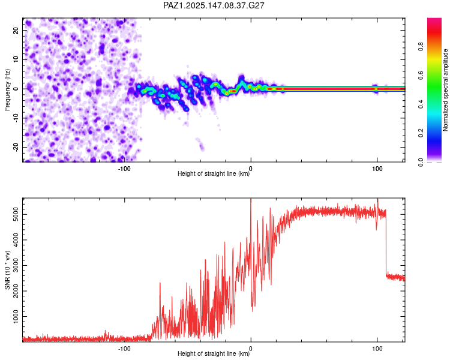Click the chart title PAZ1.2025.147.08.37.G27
(214, 5)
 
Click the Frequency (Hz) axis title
(7, 90)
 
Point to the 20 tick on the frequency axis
(16, 31)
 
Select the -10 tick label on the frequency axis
(16, 118)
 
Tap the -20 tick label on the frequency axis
(16, 147)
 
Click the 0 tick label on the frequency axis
(16, 89)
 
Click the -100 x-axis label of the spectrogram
(124, 169)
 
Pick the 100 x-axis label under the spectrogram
(377, 169)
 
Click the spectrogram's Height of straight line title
(214, 173)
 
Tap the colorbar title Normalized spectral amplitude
(445, 90)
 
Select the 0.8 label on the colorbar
(421, 47)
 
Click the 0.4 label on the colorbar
(421, 104)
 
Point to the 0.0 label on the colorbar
(421, 162)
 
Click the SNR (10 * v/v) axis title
(7, 270)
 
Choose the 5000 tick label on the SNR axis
(16, 214)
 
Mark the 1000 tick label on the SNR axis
(16, 316)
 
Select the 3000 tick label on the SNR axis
(16, 266)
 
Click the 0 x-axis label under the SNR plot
(251, 349)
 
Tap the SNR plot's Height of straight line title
(214, 353)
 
